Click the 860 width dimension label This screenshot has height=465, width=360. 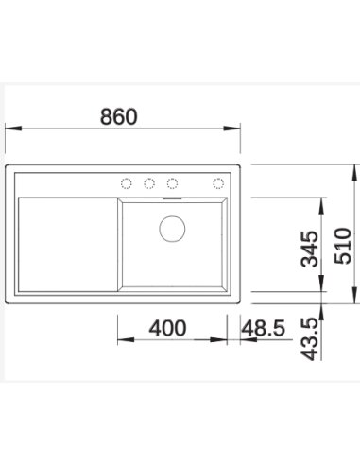pos(119,116)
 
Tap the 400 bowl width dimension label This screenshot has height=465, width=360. pos(167,328)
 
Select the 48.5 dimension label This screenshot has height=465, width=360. pos(264,328)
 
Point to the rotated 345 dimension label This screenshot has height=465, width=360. pos(309,249)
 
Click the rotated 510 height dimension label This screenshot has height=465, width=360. pos(342,246)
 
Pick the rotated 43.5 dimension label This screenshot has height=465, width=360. pos(309,338)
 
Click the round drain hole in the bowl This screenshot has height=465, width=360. pos(172,229)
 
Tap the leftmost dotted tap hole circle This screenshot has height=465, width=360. pos(127,183)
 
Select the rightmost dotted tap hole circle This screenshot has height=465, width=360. pos(218,183)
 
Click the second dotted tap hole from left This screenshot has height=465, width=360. pos(149,183)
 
